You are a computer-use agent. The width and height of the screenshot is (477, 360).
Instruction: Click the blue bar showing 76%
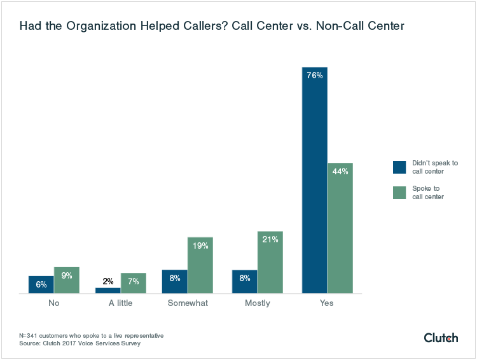pos(314,180)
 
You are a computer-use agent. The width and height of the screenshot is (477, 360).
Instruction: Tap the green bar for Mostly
pos(270,262)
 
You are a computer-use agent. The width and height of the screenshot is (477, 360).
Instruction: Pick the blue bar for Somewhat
pos(174,281)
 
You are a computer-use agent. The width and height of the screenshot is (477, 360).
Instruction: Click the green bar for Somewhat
pos(200,265)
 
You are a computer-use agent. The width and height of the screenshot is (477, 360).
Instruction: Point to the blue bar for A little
pos(107,290)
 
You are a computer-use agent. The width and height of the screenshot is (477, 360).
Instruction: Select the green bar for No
pos(67,280)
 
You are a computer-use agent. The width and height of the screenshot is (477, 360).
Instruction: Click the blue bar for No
pos(41,284)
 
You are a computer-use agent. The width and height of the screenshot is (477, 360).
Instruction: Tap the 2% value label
pos(107,281)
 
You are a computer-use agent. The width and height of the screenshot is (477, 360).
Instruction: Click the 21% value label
pos(270,239)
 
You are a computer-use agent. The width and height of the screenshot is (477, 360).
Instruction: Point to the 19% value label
pos(200,246)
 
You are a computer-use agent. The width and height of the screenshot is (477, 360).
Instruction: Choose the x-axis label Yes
pos(327,303)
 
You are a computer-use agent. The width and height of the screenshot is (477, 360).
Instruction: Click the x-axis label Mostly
pos(258,303)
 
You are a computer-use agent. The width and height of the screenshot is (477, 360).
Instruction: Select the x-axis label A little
pos(120,303)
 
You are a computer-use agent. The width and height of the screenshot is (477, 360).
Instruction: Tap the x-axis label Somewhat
pos(188,303)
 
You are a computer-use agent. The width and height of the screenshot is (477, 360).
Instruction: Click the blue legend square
pos(399,167)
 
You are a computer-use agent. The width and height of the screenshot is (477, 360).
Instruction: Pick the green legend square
pos(399,192)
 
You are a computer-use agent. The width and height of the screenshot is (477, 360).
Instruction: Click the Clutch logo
pos(440,338)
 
